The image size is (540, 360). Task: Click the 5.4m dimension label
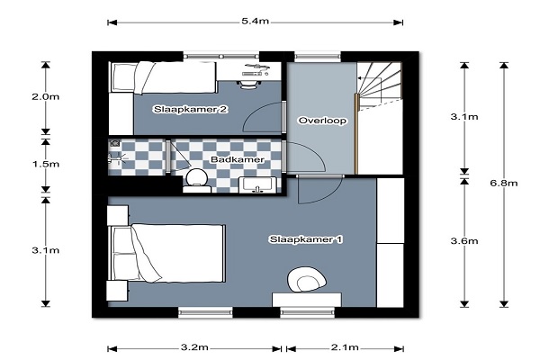point(255,22)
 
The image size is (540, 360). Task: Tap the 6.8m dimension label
point(503,183)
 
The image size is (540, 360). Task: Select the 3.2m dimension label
point(194,347)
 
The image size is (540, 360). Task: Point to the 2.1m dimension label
point(345,347)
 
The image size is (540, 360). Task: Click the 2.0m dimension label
point(46,97)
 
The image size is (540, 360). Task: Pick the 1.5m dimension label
point(46,164)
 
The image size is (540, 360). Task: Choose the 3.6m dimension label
point(464,241)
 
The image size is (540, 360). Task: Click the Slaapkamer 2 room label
point(190,110)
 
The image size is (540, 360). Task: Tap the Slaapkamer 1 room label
point(306,239)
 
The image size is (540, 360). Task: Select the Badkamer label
point(238,159)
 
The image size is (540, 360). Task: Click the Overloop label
point(322,121)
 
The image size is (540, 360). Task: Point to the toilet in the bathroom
point(196,181)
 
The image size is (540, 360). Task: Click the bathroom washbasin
point(257,185)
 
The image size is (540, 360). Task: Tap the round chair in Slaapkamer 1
point(307,281)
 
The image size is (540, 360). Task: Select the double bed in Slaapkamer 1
point(166,253)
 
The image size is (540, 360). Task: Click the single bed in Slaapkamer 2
point(163,77)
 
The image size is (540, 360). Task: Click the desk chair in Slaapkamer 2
point(248,85)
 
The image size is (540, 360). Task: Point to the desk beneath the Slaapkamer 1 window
point(307,300)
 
